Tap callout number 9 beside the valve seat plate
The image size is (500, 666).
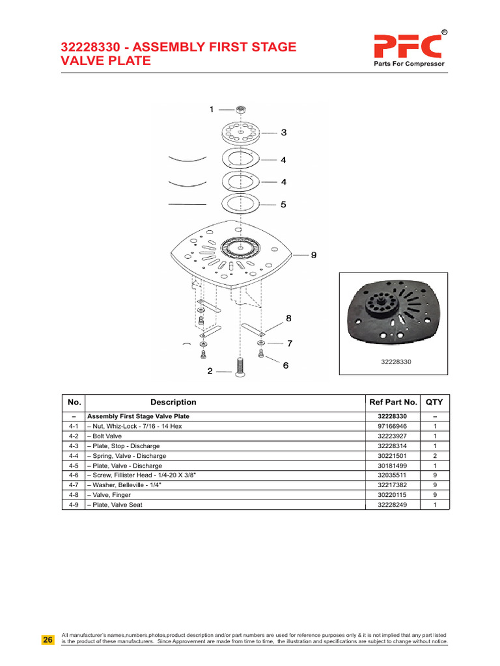coord(313,256)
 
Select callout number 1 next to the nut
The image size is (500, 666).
coord(212,110)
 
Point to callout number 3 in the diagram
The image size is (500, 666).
coord(284,133)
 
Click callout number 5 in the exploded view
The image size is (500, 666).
coord(283,204)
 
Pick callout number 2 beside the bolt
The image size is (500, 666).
coord(210,371)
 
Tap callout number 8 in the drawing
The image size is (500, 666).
coord(289,319)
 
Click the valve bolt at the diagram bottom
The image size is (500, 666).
coord(239,368)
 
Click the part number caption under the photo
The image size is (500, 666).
coord(393,362)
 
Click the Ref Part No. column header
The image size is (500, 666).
coord(393,403)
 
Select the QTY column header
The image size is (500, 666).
coord(434,403)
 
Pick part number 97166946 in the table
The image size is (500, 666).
coord(393,426)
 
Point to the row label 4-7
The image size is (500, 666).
coord(74,485)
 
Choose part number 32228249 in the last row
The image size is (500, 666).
coord(393,504)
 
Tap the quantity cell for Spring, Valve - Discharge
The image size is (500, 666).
coord(434,455)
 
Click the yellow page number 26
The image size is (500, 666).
coord(48,640)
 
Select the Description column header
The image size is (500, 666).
coord(173,403)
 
